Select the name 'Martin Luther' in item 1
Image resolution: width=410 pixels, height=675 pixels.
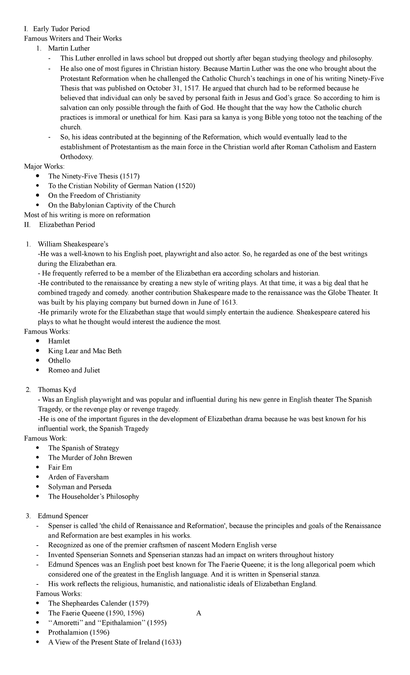[69, 48]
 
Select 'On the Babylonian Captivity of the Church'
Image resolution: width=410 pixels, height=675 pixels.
[112, 205]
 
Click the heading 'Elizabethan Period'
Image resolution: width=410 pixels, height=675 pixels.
[67, 225]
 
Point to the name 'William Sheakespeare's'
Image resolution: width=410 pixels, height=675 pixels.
[73, 244]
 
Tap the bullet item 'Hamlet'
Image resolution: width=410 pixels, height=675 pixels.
[59, 341]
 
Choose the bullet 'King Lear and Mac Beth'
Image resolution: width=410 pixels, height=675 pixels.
[85, 351]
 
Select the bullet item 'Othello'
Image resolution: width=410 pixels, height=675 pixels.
[59, 361]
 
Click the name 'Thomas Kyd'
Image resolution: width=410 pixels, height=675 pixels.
[57, 390]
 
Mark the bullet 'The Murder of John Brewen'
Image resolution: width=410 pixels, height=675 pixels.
[90, 458]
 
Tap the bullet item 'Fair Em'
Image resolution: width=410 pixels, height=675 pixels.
[60, 467]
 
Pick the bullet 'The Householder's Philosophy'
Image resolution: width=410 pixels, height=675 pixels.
[94, 496]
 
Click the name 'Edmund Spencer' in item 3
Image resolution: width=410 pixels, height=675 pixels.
[63, 516]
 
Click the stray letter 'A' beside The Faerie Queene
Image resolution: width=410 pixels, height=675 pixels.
[199, 613]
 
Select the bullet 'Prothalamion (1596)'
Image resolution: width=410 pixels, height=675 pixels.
[79, 632]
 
